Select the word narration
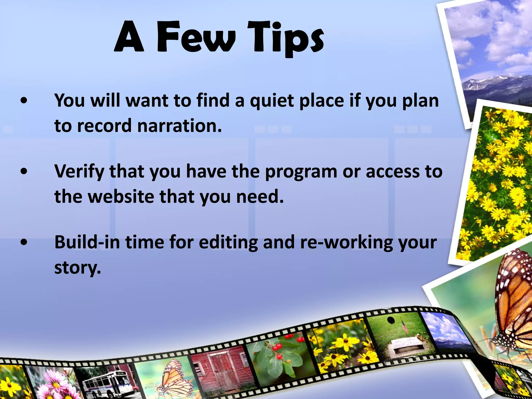pyautogui.click(x=179, y=126)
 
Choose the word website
pyautogui.click(x=121, y=196)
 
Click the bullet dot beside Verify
pyautogui.click(x=24, y=171)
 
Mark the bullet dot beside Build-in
pyautogui.click(x=24, y=242)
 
